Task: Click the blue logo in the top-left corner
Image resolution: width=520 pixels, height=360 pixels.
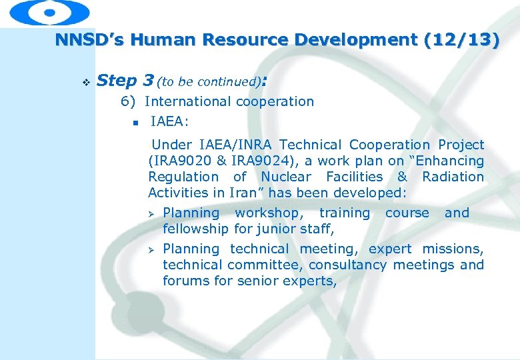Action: [x=49, y=12]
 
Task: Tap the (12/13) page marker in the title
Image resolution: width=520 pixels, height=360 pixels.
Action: [x=461, y=40]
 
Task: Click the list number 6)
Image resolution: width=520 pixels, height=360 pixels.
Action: [x=128, y=102]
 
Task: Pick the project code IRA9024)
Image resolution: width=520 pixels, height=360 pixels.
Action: [x=256, y=161]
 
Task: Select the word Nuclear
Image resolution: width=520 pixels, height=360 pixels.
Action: [x=285, y=177]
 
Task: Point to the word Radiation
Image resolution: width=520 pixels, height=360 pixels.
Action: [x=453, y=177]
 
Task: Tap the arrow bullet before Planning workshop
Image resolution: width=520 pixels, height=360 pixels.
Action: [x=151, y=214]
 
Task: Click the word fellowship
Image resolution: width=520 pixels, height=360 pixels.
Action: [x=196, y=229]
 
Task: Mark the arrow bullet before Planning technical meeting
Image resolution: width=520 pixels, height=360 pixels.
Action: [x=151, y=250]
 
